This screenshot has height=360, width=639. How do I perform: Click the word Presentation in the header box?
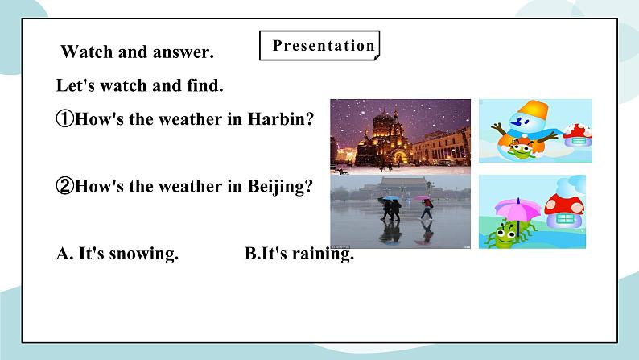(324, 46)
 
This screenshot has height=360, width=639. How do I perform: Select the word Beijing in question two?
(283, 186)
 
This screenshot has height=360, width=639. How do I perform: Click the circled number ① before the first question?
(65, 119)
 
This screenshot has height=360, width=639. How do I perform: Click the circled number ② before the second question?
(65, 186)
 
